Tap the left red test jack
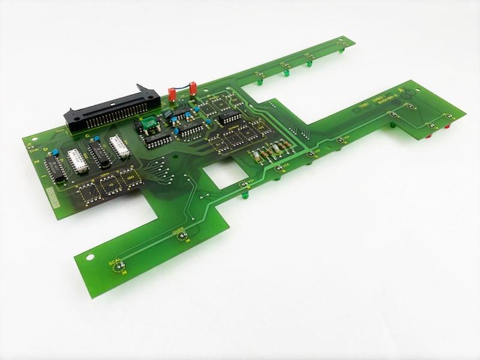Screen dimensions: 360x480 point(170,93)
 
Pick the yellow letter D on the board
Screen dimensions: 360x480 point(46,148)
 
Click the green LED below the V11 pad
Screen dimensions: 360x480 point(245,195)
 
